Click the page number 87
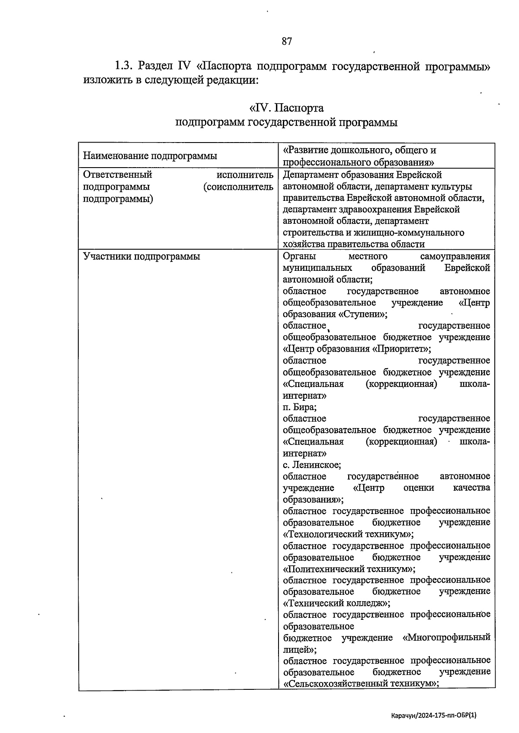(287, 41)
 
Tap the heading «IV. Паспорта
(286, 108)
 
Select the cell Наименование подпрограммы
(150, 156)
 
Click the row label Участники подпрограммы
(141, 257)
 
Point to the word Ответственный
(117, 175)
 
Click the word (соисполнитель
(238, 187)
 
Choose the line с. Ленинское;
(312, 465)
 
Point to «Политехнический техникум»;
(349, 568)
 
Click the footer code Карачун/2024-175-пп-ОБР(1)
(433, 715)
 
